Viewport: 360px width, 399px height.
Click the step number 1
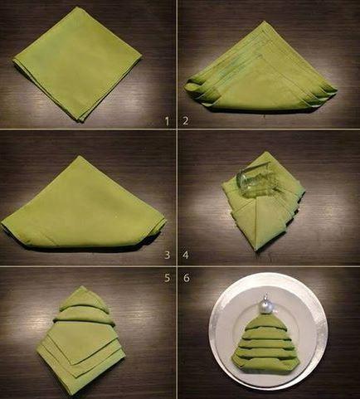[x=167, y=121]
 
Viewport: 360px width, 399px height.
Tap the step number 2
[x=186, y=121]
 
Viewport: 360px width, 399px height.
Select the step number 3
[x=167, y=255]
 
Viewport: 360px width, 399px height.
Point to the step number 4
[x=186, y=255]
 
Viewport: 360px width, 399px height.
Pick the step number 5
[x=167, y=278]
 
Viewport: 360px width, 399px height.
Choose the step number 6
[x=187, y=278]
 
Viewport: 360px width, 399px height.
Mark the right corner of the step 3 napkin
[x=165, y=221]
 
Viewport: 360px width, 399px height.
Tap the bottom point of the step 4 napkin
[x=257, y=250]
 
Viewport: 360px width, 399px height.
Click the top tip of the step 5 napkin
[x=82, y=287]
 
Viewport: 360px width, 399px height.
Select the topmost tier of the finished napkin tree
[x=264, y=321]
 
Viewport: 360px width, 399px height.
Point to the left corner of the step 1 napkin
[x=14, y=60]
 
